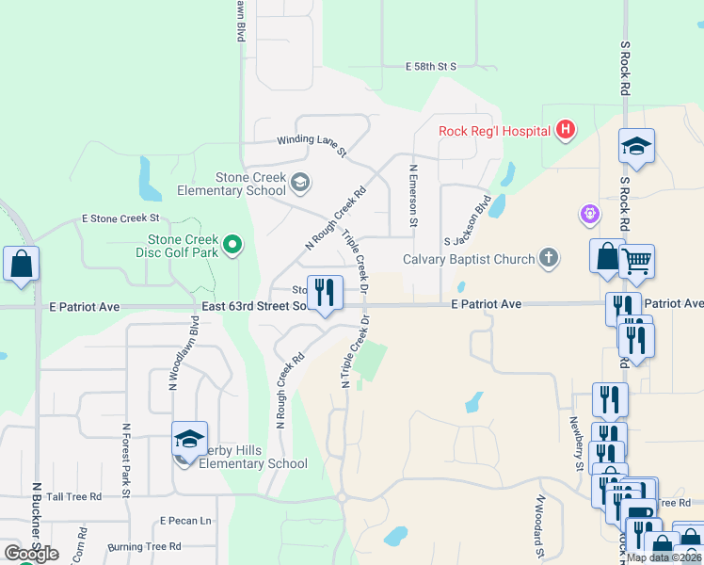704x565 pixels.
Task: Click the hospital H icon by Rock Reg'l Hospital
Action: point(565,129)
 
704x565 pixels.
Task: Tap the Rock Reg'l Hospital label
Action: point(495,130)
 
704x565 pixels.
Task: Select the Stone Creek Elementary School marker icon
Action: point(300,182)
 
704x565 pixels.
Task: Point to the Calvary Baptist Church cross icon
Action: point(549,258)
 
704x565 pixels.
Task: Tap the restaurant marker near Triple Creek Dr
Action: point(326,293)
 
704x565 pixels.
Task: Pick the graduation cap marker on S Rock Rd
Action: point(637,146)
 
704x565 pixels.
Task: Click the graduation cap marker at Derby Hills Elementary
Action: point(189,439)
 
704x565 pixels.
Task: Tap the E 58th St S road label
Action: point(431,67)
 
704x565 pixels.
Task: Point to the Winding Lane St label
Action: point(312,140)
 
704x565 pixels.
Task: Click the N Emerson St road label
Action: point(412,196)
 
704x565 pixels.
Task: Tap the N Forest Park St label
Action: point(125,459)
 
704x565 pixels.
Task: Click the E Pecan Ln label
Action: point(185,521)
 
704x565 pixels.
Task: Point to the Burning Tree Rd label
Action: point(144,546)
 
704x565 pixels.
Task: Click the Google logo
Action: point(31,553)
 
